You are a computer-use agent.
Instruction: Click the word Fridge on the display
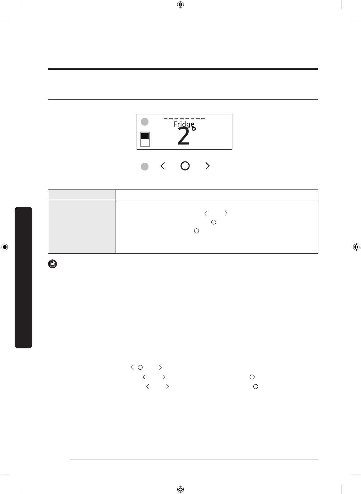click(x=184, y=124)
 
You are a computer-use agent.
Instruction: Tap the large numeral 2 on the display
click(x=183, y=136)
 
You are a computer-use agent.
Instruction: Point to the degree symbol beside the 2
click(x=194, y=129)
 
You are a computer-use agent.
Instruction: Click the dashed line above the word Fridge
click(x=184, y=119)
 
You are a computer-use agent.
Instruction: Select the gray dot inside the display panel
click(x=145, y=122)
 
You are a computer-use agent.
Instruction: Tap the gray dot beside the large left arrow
click(x=145, y=166)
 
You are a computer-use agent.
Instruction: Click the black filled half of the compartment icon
click(x=145, y=136)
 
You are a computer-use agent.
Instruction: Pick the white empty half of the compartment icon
click(x=145, y=143)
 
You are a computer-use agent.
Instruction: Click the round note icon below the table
click(x=52, y=264)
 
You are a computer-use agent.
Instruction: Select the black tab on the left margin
click(x=23, y=277)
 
